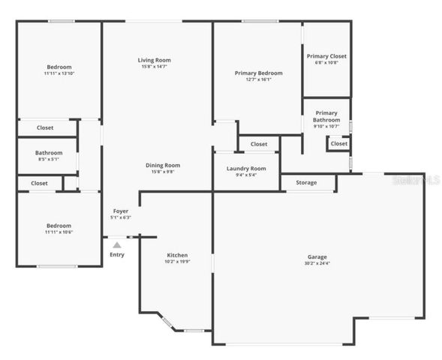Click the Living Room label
(x=154, y=60)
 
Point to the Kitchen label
(x=177, y=255)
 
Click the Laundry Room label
(x=246, y=169)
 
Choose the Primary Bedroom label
(x=258, y=73)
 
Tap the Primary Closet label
(x=326, y=55)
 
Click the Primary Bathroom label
(x=326, y=116)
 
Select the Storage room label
(x=306, y=182)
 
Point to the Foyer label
(x=121, y=211)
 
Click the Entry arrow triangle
(x=116, y=243)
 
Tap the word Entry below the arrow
(x=117, y=255)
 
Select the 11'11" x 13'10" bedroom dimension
(x=59, y=73)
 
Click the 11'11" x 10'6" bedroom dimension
(x=59, y=232)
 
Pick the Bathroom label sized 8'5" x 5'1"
(x=49, y=159)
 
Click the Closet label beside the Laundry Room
(x=259, y=144)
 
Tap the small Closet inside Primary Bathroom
(x=339, y=143)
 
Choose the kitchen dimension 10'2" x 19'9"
(x=177, y=262)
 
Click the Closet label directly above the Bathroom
(x=45, y=128)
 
